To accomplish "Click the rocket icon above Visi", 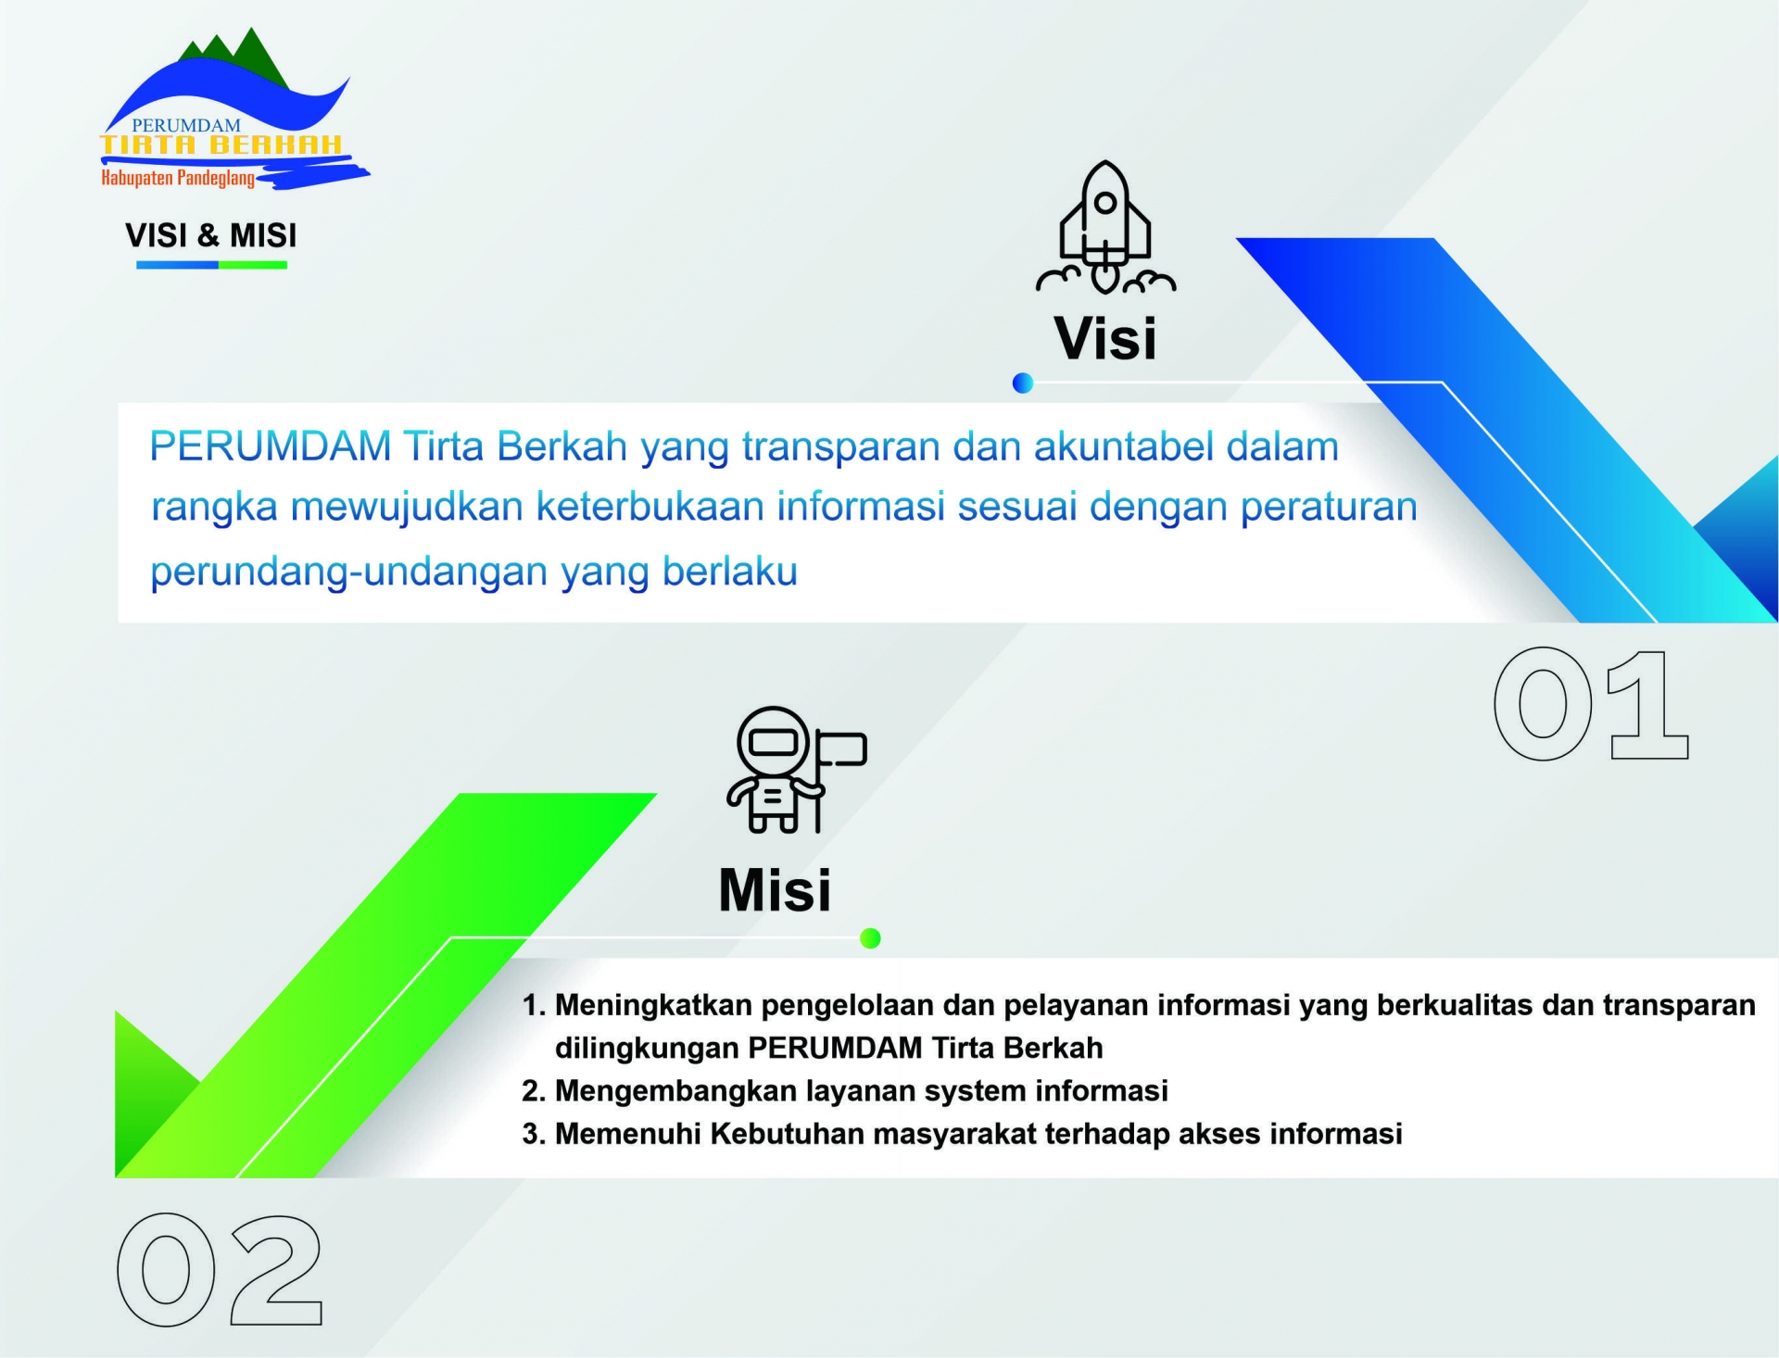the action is click(1105, 228).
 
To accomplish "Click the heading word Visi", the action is click(1105, 338).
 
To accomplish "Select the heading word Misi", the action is click(775, 890).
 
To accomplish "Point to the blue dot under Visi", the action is click(1023, 383).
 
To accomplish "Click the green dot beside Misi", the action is click(870, 938).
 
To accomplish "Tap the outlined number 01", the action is click(1591, 705).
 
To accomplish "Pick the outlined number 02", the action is click(220, 1270).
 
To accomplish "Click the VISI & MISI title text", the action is click(211, 235).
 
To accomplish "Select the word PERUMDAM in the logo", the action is click(186, 125).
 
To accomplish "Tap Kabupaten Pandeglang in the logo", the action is click(178, 178).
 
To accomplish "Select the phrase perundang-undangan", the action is click(349, 572).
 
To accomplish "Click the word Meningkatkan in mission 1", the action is click(654, 1006).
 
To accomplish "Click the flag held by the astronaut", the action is click(841, 748).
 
